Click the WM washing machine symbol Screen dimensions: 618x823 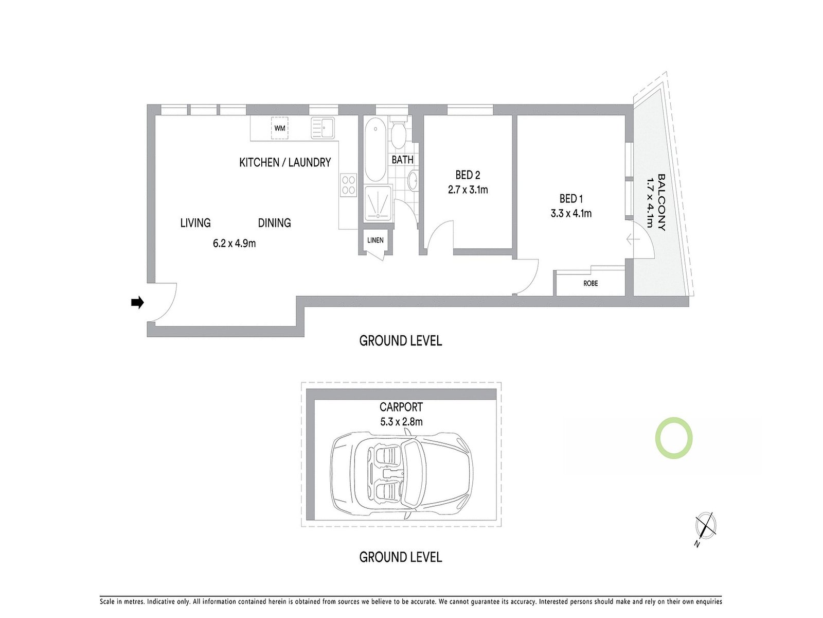(280, 128)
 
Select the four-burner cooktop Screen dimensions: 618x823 (349, 185)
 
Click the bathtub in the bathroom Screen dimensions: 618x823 (375, 149)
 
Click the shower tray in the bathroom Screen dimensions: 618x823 (378, 204)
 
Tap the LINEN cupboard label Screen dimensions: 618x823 (375, 241)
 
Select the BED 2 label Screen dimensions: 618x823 (468, 175)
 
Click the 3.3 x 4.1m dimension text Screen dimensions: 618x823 (571, 213)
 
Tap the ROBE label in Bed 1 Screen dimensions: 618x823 (591, 283)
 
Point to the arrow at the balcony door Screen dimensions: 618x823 (633, 239)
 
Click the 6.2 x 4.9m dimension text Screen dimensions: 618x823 (235, 243)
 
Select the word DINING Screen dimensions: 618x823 (274, 223)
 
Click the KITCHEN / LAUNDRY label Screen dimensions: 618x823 (285, 163)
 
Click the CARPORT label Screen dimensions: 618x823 (401, 407)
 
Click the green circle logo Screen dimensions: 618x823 (673, 438)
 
